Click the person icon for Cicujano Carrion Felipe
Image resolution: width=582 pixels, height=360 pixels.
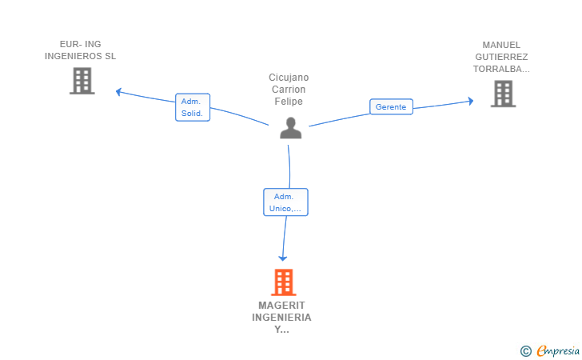click(x=291, y=128)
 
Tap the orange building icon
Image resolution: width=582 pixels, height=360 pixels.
click(x=284, y=282)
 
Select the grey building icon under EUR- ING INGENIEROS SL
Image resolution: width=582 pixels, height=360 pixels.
click(x=82, y=81)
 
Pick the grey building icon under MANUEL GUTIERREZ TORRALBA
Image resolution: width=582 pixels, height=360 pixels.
click(x=504, y=94)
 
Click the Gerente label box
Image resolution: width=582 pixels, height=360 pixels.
click(x=391, y=106)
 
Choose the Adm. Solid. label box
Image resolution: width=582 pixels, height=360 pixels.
click(x=193, y=107)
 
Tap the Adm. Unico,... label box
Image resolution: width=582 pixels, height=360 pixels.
click(x=286, y=202)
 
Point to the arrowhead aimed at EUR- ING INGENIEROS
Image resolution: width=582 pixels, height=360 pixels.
click(x=118, y=91)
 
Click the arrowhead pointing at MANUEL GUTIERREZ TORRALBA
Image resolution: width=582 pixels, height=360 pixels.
click(x=471, y=101)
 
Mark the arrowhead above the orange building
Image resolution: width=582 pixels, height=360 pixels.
click(x=283, y=258)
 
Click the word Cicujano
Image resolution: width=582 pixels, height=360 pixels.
click(x=289, y=78)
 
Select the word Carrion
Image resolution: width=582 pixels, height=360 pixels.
click(x=289, y=89)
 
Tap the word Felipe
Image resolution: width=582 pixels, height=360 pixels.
click(x=289, y=102)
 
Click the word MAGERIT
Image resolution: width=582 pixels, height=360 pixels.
click(x=281, y=306)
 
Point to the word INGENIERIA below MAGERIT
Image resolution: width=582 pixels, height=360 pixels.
click(x=281, y=318)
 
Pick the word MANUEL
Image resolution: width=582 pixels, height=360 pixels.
click(x=501, y=45)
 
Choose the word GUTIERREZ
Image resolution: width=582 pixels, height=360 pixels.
click(x=501, y=57)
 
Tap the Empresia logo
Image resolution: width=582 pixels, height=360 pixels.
click(x=558, y=350)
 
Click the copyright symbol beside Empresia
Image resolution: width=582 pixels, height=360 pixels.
click(x=526, y=351)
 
